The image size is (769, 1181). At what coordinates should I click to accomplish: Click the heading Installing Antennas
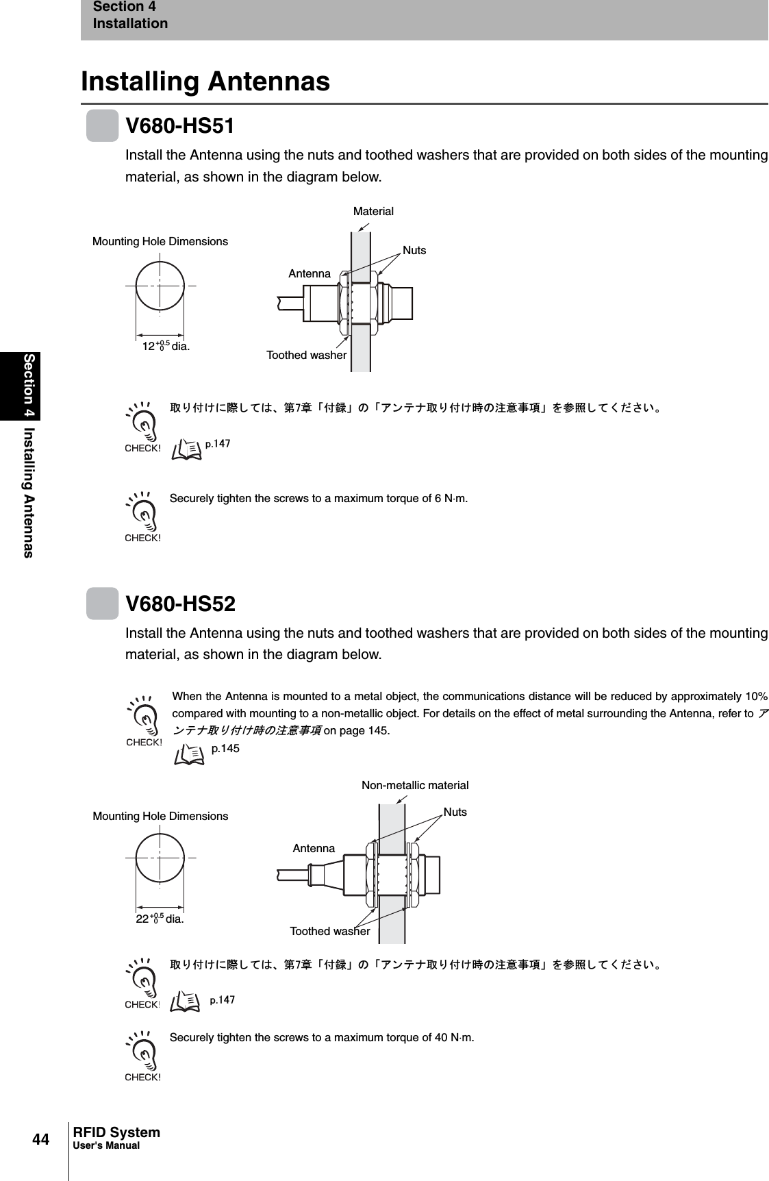coord(205,82)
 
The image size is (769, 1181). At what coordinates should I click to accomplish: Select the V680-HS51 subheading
coord(180,127)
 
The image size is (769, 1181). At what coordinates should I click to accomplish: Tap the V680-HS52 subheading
coord(180,604)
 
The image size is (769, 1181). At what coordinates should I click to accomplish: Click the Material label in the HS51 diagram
coord(373,212)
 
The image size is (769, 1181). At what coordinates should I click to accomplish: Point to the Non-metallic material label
coord(415,786)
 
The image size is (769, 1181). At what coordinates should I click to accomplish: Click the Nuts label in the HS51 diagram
coord(414,251)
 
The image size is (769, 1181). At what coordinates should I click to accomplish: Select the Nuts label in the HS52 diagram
coord(455,812)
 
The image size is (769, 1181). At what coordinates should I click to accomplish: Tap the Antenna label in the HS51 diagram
coord(310,274)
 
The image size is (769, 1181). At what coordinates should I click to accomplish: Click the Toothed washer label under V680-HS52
coord(330,932)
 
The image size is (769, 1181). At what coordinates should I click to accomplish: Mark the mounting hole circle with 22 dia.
coord(160,858)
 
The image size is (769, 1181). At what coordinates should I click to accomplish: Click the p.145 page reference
coord(225,749)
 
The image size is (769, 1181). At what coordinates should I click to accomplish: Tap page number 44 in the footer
coord(41,1140)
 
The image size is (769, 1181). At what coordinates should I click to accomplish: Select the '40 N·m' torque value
coord(454,1037)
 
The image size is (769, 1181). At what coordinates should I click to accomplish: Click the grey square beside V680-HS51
coord(103,127)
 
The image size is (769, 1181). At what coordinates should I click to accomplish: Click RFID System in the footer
coord(116,1133)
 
